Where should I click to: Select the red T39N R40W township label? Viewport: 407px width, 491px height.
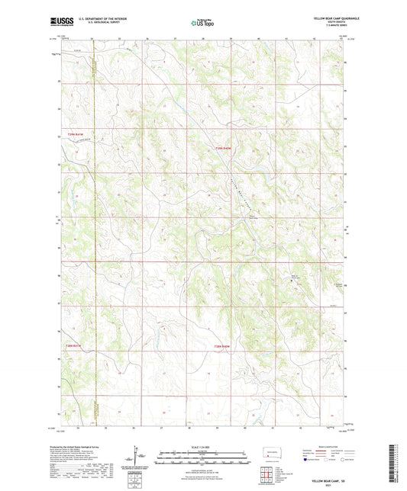point(221,148)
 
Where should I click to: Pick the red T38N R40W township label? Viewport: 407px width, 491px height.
point(221,348)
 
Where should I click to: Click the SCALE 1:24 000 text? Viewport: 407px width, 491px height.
point(202,446)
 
